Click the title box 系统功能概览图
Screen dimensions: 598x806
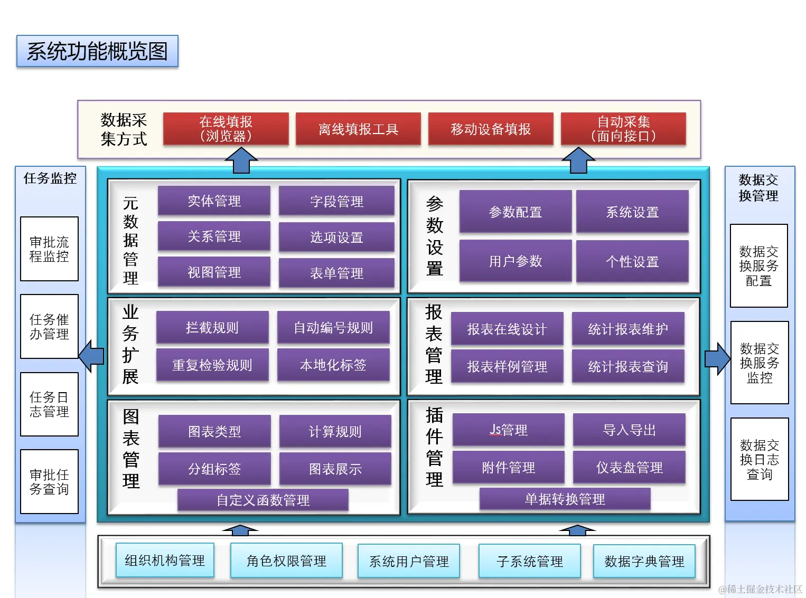click(x=97, y=51)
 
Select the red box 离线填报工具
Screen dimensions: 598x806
click(x=358, y=129)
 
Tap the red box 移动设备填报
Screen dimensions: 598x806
click(x=491, y=129)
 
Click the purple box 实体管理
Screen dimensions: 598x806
click(x=214, y=201)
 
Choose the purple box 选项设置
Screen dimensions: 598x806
click(x=336, y=237)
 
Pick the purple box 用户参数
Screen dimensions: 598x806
click(x=516, y=261)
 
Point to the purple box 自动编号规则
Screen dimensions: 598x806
click(x=333, y=328)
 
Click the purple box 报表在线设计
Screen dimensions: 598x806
click(x=507, y=329)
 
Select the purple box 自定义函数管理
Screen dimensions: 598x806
click(x=263, y=500)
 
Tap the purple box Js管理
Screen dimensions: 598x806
click(x=508, y=430)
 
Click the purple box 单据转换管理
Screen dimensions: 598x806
click(x=565, y=499)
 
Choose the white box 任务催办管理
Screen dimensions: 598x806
click(x=49, y=327)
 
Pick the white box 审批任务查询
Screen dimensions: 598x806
click(x=49, y=481)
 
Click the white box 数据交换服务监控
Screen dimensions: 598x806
click(x=760, y=363)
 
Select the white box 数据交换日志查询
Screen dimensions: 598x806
click(x=760, y=459)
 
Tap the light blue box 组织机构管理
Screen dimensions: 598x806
click(x=165, y=560)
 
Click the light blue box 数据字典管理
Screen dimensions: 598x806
click(x=644, y=561)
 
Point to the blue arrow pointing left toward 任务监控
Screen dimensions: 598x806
click(x=91, y=356)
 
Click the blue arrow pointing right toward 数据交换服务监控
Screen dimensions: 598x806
click(x=717, y=359)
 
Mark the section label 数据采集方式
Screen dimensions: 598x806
click(x=124, y=129)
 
